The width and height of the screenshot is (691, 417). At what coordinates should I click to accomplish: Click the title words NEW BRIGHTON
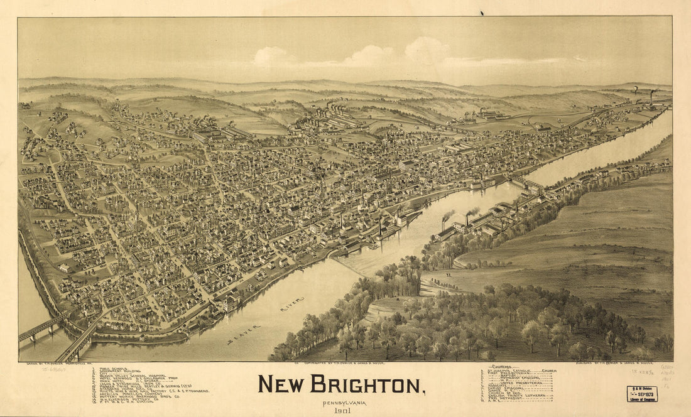click(x=341, y=384)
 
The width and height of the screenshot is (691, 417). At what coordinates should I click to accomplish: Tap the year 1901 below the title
click(x=342, y=411)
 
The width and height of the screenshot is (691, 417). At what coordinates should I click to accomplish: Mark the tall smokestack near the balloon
click(x=652, y=95)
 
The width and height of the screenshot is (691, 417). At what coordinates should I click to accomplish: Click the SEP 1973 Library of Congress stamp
click(x=642, y=393)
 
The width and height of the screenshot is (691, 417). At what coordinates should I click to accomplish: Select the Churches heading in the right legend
click(x=500, y=367)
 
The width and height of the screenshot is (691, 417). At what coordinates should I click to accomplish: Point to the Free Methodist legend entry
click(x=505, y=398)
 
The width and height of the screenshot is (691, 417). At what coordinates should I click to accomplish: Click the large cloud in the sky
click(x=427, y=50)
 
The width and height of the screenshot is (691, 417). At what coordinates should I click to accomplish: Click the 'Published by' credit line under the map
click(x=622, y=364)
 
